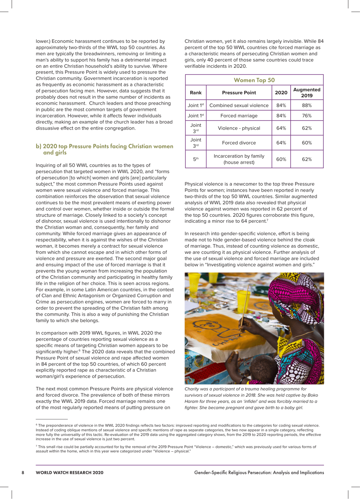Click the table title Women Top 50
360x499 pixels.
pos(254,80)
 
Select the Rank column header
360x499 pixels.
pos(196,92)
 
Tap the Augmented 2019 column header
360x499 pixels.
pos(307,92)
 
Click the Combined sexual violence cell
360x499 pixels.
pos(239,105)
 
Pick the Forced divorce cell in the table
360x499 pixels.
pos(239,143)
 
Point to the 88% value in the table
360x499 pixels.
pos(307,105)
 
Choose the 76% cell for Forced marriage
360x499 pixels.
pos(307,116)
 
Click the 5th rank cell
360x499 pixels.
pos(196,160)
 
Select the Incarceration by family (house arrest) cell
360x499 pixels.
pos(239,159)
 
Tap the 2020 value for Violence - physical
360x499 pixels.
pos(281,128)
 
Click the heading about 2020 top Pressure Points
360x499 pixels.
pos(104,149)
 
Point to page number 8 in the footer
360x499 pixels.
pos(23,472)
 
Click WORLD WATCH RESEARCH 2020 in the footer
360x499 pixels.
pos(69,472)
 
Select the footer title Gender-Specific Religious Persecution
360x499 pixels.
pos(259,472)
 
